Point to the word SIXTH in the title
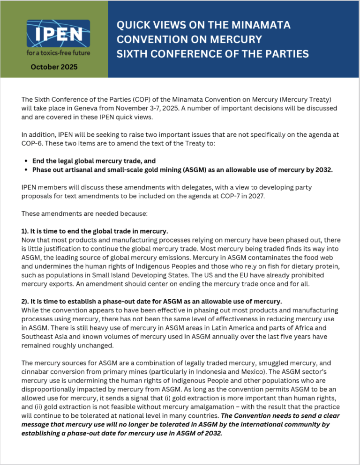coord(134,54)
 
